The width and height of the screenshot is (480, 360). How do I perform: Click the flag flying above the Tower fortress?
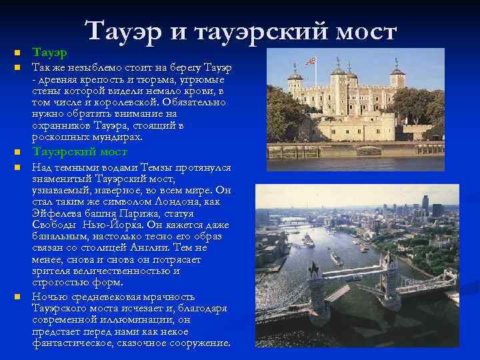[311, 61]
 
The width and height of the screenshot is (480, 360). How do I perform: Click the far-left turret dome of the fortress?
[294, 75]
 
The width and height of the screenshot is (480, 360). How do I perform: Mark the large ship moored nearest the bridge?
[336, 257]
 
